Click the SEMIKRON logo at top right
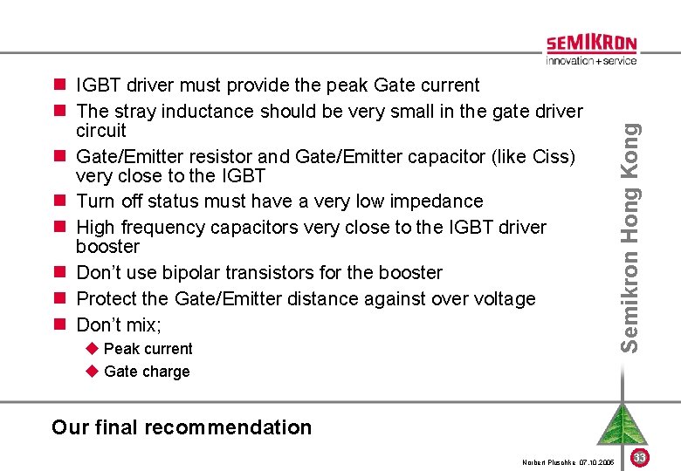591,44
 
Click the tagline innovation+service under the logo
591,61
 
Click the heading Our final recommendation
182,427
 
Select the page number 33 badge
639,457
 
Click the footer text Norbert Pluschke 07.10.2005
568,461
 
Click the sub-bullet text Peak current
148,349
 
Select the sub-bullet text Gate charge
147,372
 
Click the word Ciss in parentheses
550,157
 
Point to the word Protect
108,298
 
